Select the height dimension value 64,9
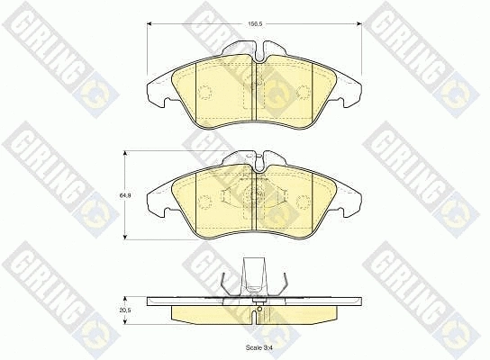(129, 193)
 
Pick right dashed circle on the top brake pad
(304, 90)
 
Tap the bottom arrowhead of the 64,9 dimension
(125, 237)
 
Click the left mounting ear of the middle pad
(155, 199)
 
